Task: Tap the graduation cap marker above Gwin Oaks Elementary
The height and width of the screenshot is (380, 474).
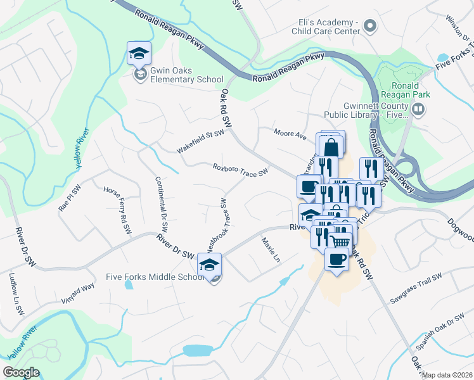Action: tap(139, 54)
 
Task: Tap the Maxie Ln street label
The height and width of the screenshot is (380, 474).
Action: tap(269, 250)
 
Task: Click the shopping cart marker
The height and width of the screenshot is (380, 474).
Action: tap(340, 242)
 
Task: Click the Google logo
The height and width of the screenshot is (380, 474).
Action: tap(22, 372)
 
